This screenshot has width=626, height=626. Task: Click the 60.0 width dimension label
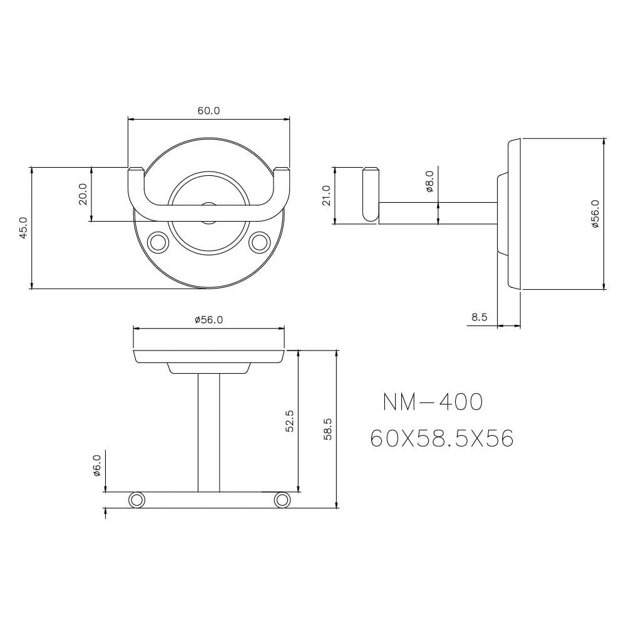[209, 111]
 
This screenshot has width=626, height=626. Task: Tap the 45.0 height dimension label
[23, 228]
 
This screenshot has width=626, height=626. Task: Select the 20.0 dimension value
[83, 194]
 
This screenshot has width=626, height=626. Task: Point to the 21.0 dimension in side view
[327, 195]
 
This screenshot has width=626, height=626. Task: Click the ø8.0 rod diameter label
[429, 182]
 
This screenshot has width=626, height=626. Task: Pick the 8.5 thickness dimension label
[479, 317]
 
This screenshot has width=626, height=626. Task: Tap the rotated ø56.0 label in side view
[595, 213]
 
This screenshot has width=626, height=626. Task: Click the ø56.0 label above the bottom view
[209, 320]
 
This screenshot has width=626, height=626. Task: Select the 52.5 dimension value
[290, 421]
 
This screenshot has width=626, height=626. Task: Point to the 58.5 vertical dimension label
[328, 429]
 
